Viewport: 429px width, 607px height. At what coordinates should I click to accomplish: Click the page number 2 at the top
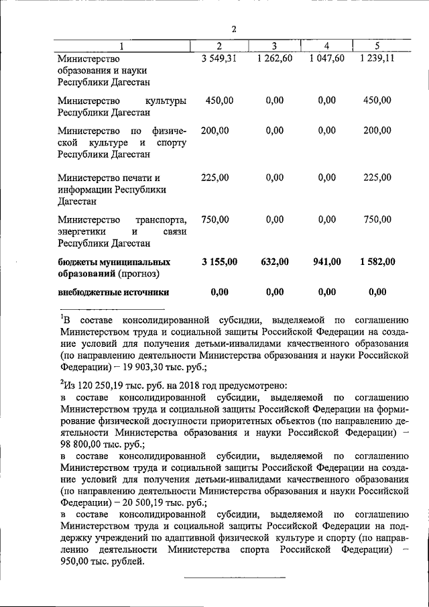[233, 29]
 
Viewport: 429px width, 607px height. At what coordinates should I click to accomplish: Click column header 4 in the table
[326, 46]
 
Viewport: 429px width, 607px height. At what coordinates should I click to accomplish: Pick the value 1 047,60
[326, 58]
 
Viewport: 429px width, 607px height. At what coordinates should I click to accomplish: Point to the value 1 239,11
[377, 58]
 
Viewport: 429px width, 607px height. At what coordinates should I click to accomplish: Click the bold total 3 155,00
[219, 262]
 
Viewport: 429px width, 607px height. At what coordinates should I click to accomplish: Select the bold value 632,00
[274, 262]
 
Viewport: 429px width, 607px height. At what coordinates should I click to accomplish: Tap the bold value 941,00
[326, 262]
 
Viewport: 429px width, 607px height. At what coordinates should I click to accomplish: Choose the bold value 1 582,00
[377, 262]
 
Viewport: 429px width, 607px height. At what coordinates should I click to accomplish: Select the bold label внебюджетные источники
[113, 292]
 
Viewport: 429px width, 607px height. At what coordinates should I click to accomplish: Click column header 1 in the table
[121, 46]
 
